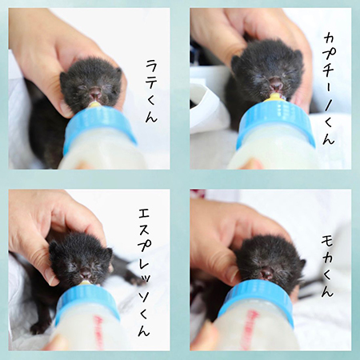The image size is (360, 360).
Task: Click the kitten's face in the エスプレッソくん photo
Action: click(80, 261)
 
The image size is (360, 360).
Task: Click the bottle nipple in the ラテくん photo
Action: click(94, 105)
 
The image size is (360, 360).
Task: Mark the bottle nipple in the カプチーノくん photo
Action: click(274, 97)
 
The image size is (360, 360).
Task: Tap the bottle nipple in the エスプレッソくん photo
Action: click(83, 282)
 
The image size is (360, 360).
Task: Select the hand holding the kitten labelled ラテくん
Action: click(48, 48)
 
